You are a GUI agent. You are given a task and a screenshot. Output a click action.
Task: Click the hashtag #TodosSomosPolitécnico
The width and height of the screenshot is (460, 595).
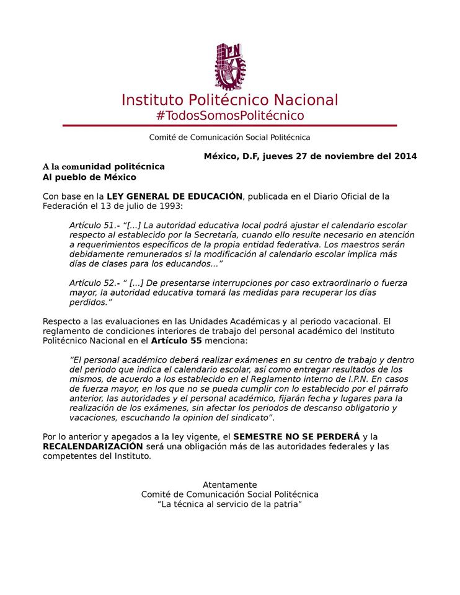pos(230,115)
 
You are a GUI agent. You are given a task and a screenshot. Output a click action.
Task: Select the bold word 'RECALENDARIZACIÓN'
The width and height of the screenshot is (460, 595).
pos(93,446)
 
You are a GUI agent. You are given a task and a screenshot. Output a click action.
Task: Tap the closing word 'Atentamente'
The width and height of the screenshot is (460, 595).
pos(229,485)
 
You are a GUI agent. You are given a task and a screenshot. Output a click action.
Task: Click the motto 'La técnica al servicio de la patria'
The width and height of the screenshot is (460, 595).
pos(229,505)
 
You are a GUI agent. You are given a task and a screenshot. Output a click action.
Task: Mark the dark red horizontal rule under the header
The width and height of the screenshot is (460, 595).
pos(229,126)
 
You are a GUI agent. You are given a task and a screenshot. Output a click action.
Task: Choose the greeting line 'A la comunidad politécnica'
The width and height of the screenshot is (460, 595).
pos(104,167)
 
